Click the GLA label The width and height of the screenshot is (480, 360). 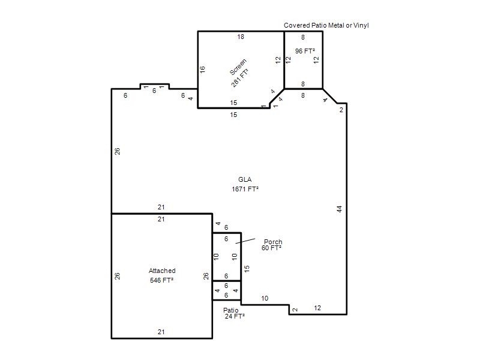245,179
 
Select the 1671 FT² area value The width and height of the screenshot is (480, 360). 245,189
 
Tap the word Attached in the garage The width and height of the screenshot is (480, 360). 162,271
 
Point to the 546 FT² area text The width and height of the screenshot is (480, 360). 161,280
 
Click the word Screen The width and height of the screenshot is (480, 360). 238,67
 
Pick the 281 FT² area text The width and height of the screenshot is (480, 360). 239,78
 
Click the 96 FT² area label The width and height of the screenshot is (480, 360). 305,51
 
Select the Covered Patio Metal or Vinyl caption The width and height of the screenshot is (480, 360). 326,25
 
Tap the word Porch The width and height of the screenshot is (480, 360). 273,242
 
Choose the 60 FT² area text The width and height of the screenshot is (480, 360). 271,248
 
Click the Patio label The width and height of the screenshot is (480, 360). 230,310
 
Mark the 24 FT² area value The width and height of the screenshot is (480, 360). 235,316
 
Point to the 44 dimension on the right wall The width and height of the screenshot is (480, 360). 339,209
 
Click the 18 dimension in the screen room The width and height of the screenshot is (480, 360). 241,37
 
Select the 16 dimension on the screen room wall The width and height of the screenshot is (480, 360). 202,70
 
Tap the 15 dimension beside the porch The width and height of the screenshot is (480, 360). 247,269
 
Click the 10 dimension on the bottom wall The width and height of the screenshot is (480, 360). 265,298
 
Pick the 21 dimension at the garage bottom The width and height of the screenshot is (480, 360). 161,332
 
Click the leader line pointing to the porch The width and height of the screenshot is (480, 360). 245,241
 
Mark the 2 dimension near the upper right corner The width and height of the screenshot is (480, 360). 341,110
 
